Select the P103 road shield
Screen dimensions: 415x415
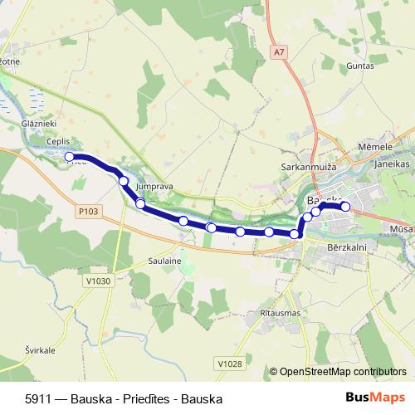89,212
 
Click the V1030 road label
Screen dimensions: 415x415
98,281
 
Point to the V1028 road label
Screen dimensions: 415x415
229,363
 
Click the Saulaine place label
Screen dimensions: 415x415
164,261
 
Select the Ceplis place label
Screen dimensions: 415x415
58,142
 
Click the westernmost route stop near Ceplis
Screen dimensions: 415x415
71,156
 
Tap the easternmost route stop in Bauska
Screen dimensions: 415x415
345,207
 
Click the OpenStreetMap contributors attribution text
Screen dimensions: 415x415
342,372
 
